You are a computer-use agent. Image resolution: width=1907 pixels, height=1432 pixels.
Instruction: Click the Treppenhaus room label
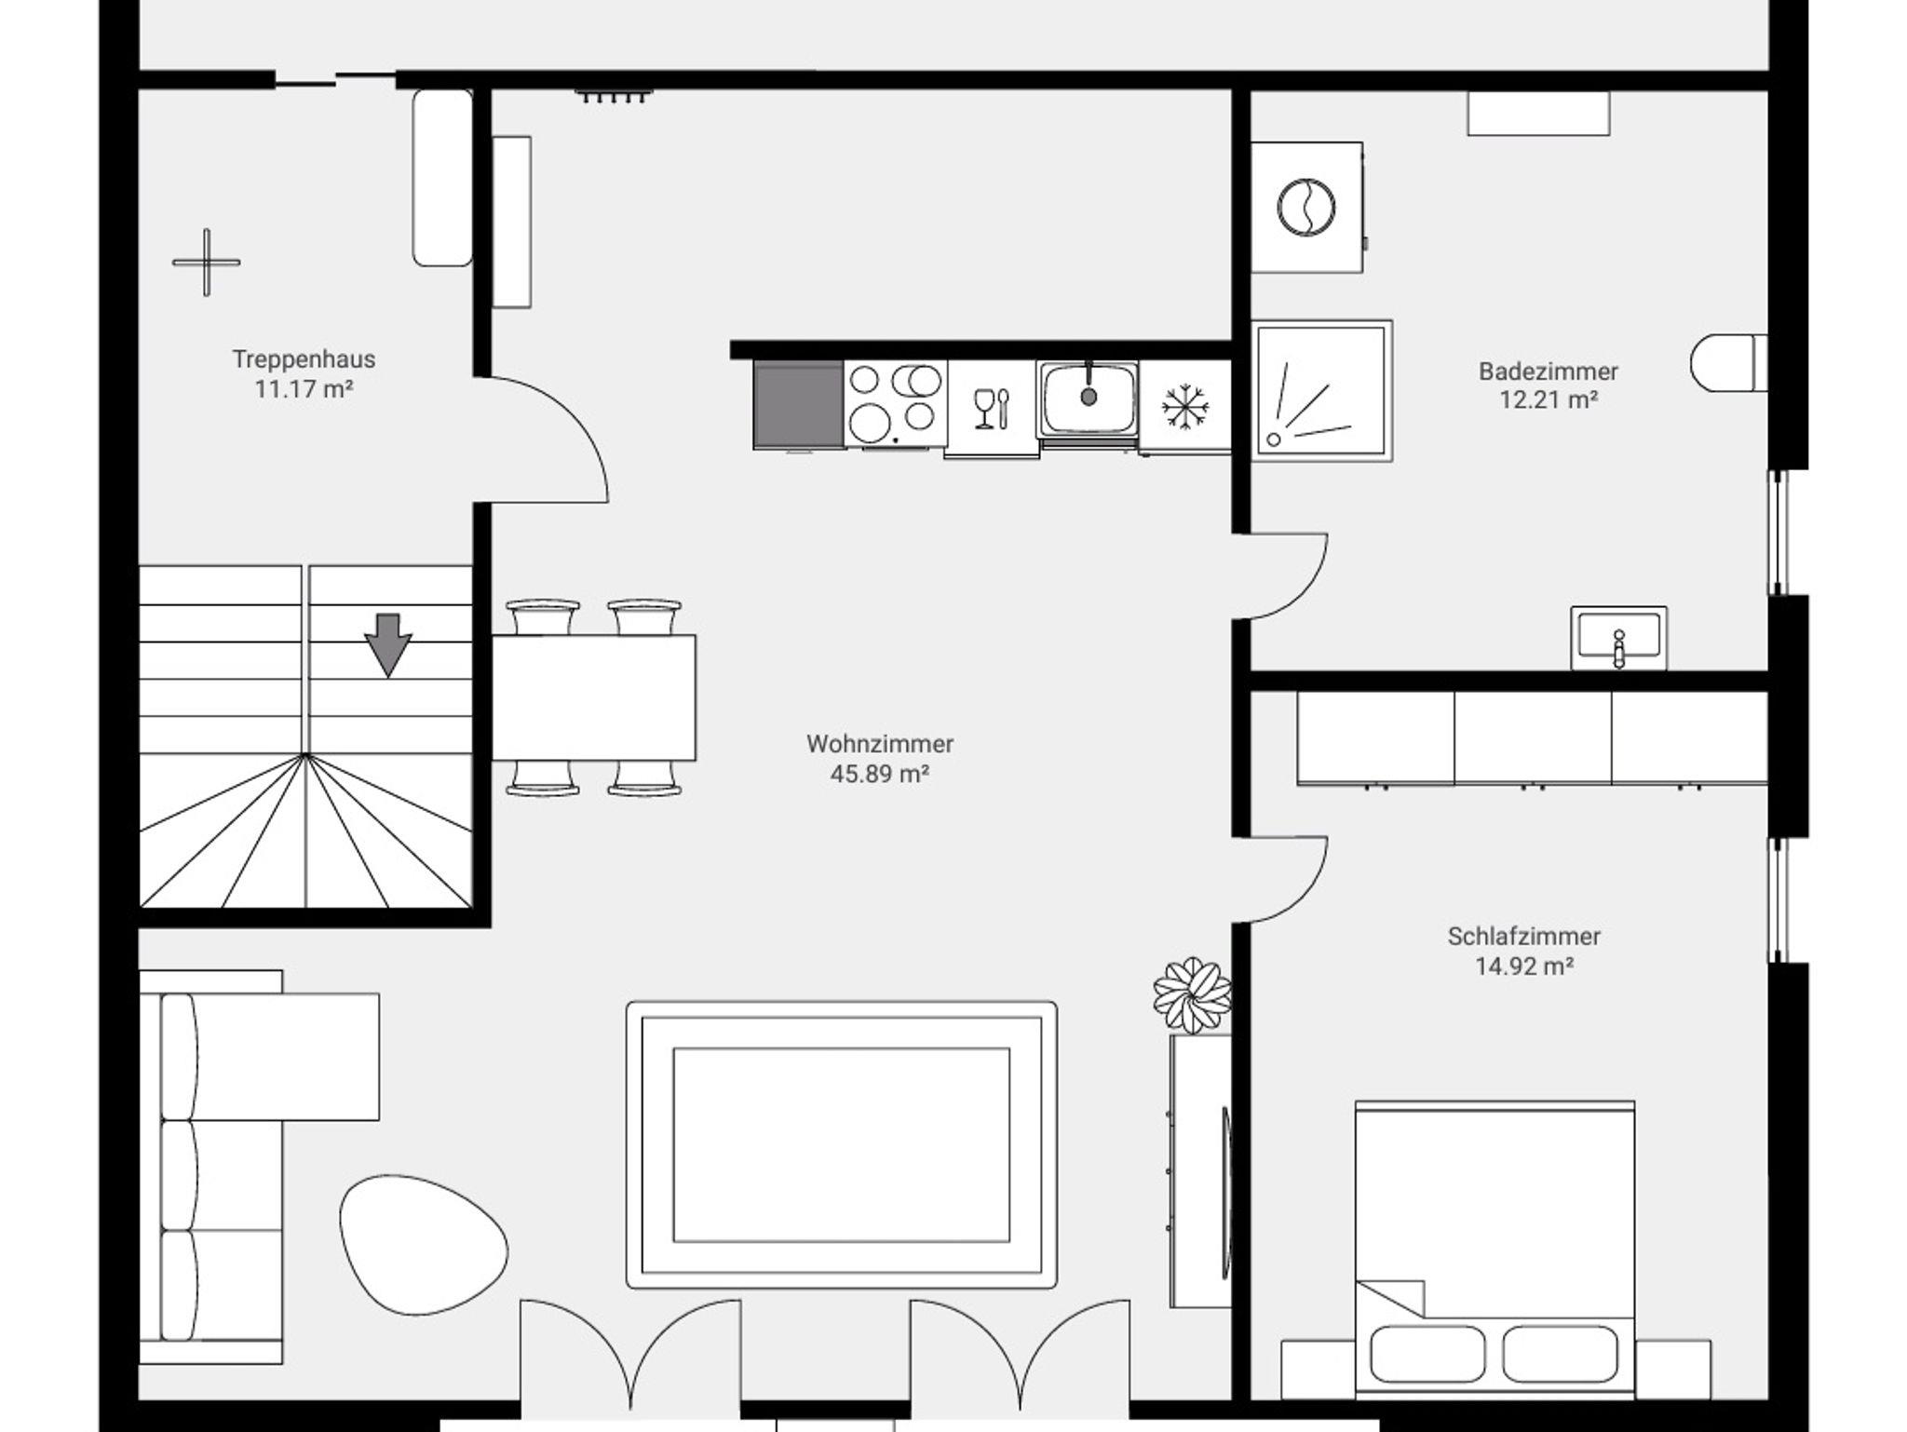(304, 359)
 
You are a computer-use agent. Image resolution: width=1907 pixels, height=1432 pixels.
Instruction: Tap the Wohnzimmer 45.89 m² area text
(880, 774)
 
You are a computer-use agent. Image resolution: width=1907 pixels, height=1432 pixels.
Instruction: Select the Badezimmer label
(1549, 372)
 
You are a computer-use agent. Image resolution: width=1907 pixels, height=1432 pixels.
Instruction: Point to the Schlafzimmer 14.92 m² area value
(1524, 966)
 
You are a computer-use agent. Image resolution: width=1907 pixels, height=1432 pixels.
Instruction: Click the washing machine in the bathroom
(1306, 208)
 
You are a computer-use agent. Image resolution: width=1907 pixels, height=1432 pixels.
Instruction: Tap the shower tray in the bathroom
(1322, 391)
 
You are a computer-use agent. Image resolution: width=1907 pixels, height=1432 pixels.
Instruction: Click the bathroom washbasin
(1618, 638)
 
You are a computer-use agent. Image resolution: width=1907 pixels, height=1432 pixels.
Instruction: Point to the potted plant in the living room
(1192, 995)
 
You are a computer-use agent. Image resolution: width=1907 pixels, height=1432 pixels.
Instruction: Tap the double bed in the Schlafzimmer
(1494, 1249)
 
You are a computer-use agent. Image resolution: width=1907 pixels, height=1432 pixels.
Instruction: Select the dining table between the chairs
(593, 697)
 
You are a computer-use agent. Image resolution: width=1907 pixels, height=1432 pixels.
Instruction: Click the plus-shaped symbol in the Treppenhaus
(206, 263)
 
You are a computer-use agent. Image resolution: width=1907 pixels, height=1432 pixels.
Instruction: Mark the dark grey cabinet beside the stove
(799, 405)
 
